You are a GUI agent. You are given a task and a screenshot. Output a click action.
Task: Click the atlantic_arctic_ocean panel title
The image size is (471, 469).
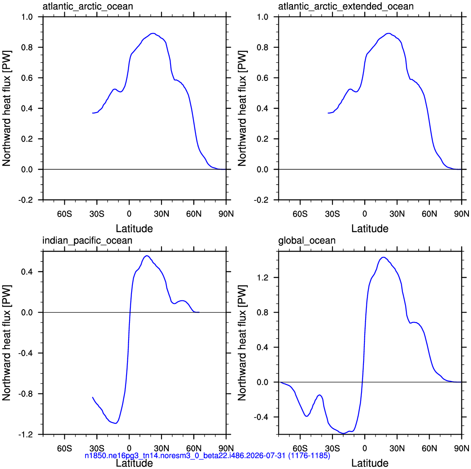click(88, 6)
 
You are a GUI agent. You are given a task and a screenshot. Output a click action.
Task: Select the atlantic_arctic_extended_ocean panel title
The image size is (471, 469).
click(346, 6)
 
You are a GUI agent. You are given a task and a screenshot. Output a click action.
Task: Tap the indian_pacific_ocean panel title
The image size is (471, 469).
click(87, 241)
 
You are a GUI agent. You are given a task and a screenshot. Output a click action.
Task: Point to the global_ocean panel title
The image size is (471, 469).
click(307, 241)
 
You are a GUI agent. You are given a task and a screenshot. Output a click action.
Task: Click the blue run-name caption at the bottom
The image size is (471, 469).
click(207, 455)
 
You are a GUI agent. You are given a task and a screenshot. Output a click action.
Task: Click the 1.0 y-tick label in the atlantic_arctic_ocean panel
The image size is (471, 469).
click(27, 17)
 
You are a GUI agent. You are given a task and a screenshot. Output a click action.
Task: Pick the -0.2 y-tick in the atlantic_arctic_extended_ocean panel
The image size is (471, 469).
click(261, 200)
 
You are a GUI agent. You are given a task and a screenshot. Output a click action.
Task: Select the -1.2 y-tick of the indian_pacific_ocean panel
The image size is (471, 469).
click(25, 435)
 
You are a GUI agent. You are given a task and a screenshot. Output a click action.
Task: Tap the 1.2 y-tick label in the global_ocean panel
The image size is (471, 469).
click(263, 277)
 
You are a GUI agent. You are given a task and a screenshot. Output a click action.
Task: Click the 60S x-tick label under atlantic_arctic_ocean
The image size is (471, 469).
click(65, 214)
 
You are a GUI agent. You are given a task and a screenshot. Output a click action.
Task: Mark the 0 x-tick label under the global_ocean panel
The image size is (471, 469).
click(365, 448)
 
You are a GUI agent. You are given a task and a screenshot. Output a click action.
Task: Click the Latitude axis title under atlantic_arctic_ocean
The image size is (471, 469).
click(134, 229)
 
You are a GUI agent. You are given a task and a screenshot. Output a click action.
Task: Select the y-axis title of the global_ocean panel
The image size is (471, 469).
click(242, 342)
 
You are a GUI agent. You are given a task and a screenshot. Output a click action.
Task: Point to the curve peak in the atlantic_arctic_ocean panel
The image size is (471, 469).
click(153, 33)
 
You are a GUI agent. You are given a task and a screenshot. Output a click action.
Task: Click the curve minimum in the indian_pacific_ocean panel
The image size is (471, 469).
click(116, 423)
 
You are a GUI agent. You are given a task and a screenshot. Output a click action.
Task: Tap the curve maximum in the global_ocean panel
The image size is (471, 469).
click(383, 257)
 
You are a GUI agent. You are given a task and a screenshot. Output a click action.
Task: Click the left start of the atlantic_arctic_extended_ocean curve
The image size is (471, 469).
click(328, 113)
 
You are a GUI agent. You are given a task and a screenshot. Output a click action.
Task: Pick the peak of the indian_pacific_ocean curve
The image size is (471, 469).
click(147, 256)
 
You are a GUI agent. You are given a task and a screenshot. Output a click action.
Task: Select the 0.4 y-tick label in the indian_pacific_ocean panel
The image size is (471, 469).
click(27, 271)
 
